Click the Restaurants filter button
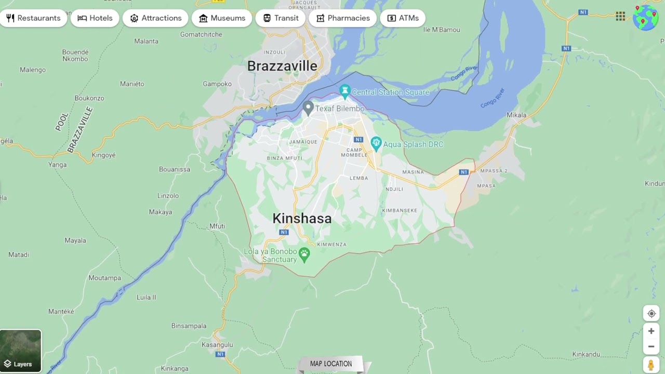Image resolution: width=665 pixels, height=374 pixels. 33,18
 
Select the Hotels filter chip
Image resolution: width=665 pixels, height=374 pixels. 95,18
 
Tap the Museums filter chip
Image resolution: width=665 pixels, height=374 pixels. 222,18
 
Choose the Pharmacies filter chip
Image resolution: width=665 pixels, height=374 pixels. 342,18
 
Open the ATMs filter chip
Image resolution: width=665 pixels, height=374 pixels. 403,18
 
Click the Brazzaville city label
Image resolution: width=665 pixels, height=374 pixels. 282,66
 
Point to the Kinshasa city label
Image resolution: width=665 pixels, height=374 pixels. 302,219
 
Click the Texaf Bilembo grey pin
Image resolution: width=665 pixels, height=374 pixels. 308,108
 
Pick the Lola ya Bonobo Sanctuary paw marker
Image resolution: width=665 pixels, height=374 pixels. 304,254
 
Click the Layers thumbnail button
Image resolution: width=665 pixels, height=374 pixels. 21,351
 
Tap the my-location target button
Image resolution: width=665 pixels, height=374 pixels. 651,314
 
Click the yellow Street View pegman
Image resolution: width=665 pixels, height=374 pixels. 651,365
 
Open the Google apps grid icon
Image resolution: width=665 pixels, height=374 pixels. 620,17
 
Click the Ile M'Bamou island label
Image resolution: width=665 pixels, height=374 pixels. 442,30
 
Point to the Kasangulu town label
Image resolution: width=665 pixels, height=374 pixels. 217,345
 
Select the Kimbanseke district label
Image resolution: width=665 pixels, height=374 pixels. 400,210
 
